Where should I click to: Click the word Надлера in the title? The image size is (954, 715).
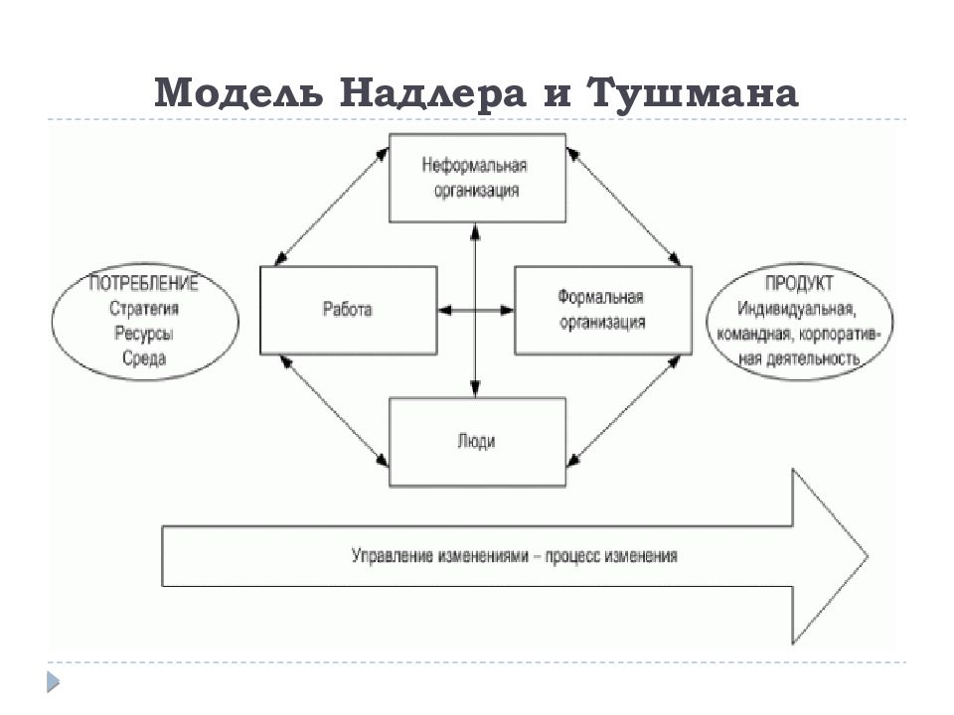pos(432,93)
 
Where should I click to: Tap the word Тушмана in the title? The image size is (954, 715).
pos(693,93)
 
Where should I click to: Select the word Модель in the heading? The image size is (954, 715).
pos(238,93)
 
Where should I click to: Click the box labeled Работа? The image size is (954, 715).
pos(349,310)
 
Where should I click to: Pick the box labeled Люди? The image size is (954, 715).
pos(478,442)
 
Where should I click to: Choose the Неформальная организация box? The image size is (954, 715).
pos(478,178)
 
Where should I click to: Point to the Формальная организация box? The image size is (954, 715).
pos(603,310)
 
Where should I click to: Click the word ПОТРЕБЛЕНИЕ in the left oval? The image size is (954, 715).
pos(144,283)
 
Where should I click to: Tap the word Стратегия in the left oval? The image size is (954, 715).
pos(144,309)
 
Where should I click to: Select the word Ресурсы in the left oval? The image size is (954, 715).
pos(144,334)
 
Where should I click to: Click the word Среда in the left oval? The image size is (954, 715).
pos(144,358)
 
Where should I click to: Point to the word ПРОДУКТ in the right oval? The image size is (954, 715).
pos(799,283)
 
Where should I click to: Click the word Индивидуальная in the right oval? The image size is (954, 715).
pos(797,309)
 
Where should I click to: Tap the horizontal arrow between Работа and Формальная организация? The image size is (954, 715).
pos(476,310)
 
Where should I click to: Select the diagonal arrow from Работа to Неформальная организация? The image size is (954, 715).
pos(332,207)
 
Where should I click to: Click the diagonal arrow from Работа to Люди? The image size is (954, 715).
pos(334,411)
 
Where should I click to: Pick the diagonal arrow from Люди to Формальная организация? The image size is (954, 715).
pos(624,411)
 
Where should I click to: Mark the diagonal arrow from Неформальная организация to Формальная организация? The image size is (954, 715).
pos(624,207)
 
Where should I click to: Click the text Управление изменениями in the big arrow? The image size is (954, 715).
pos(440,556)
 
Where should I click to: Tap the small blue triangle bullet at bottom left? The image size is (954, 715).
pos(53,681)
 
